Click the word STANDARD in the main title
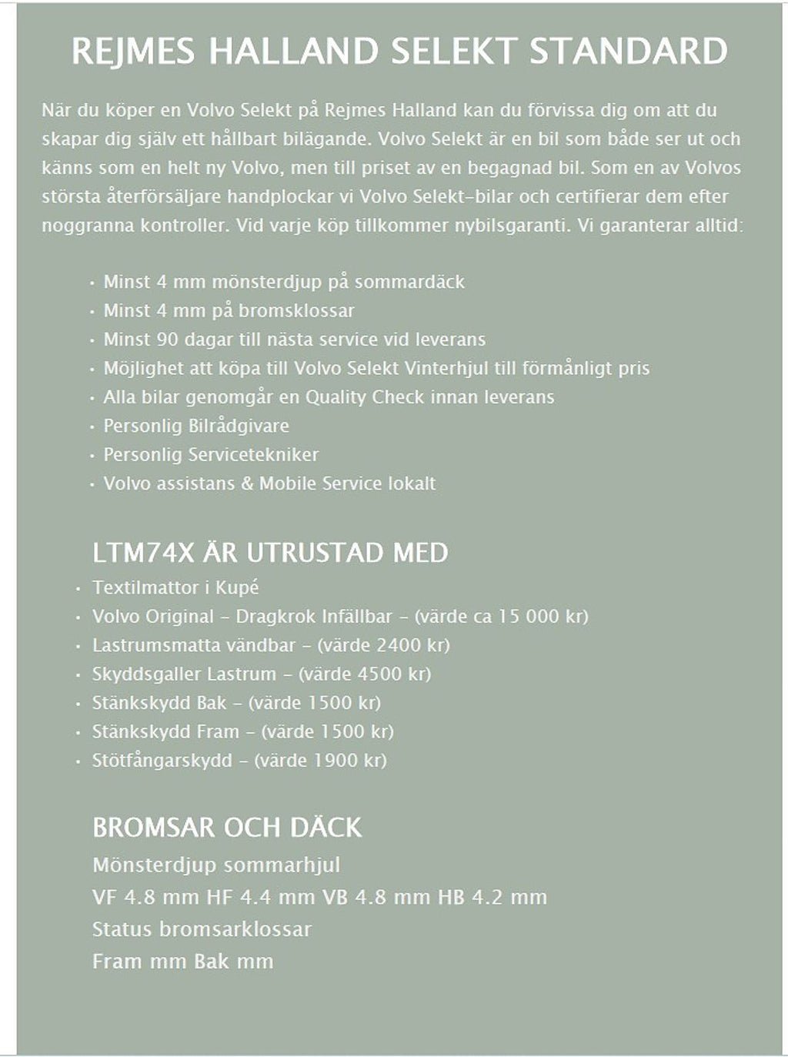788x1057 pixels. (x=629, y=52)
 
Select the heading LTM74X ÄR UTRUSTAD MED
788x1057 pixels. (x=270, y=553)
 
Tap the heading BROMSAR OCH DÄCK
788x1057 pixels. (x=227, y=828)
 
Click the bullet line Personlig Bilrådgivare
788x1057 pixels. (x=196, y=426)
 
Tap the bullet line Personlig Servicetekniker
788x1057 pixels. (x=211, y=455)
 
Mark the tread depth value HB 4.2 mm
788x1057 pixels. (x=492, y=898)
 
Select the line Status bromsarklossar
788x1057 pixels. (x=202, y=929)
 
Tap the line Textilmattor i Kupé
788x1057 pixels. (x=175, y=587)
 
